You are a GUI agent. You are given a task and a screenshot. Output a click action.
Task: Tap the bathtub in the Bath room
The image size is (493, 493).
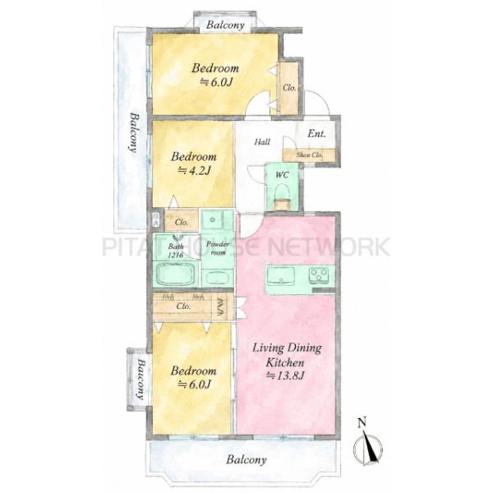click(x=177, y=274)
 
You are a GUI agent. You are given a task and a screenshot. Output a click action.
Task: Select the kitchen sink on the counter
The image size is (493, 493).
click(x=281, y=275)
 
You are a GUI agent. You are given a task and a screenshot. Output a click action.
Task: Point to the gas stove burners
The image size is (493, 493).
click(x=319, y=275)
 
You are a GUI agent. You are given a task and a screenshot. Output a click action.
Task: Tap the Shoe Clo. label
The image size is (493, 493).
click(x=310, y=155)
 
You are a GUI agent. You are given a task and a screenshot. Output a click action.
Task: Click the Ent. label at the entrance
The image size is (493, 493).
click(x=316, y=133)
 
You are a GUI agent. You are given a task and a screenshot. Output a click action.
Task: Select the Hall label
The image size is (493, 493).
click(x=262, y=142)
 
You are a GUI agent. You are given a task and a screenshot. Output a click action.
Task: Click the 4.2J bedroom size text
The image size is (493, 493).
click(x=194, y=171)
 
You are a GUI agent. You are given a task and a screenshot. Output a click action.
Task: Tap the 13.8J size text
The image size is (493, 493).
click(x=285, y=376)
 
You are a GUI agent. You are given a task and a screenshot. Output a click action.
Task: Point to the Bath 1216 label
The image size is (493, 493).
click(x=176, y=251)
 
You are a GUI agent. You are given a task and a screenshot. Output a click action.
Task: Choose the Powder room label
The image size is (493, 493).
click(x=218, y=248)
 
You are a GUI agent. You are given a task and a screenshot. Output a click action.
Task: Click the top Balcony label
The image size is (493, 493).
click(x=225, y=25)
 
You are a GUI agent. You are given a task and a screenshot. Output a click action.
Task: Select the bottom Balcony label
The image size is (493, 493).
click(x=246, y=459)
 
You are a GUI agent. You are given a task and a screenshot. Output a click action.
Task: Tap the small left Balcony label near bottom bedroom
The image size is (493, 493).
click(x=141, y=380)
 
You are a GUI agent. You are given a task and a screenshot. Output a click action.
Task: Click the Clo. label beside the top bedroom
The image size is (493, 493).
click(x=289, y=88)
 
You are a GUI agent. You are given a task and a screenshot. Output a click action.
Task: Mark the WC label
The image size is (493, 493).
click(x=282, y=175)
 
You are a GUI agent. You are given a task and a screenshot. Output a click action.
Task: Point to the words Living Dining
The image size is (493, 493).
click(x=287, y=348)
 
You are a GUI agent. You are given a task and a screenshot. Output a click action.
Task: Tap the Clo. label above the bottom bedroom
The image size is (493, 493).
click(x=183, y=306)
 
